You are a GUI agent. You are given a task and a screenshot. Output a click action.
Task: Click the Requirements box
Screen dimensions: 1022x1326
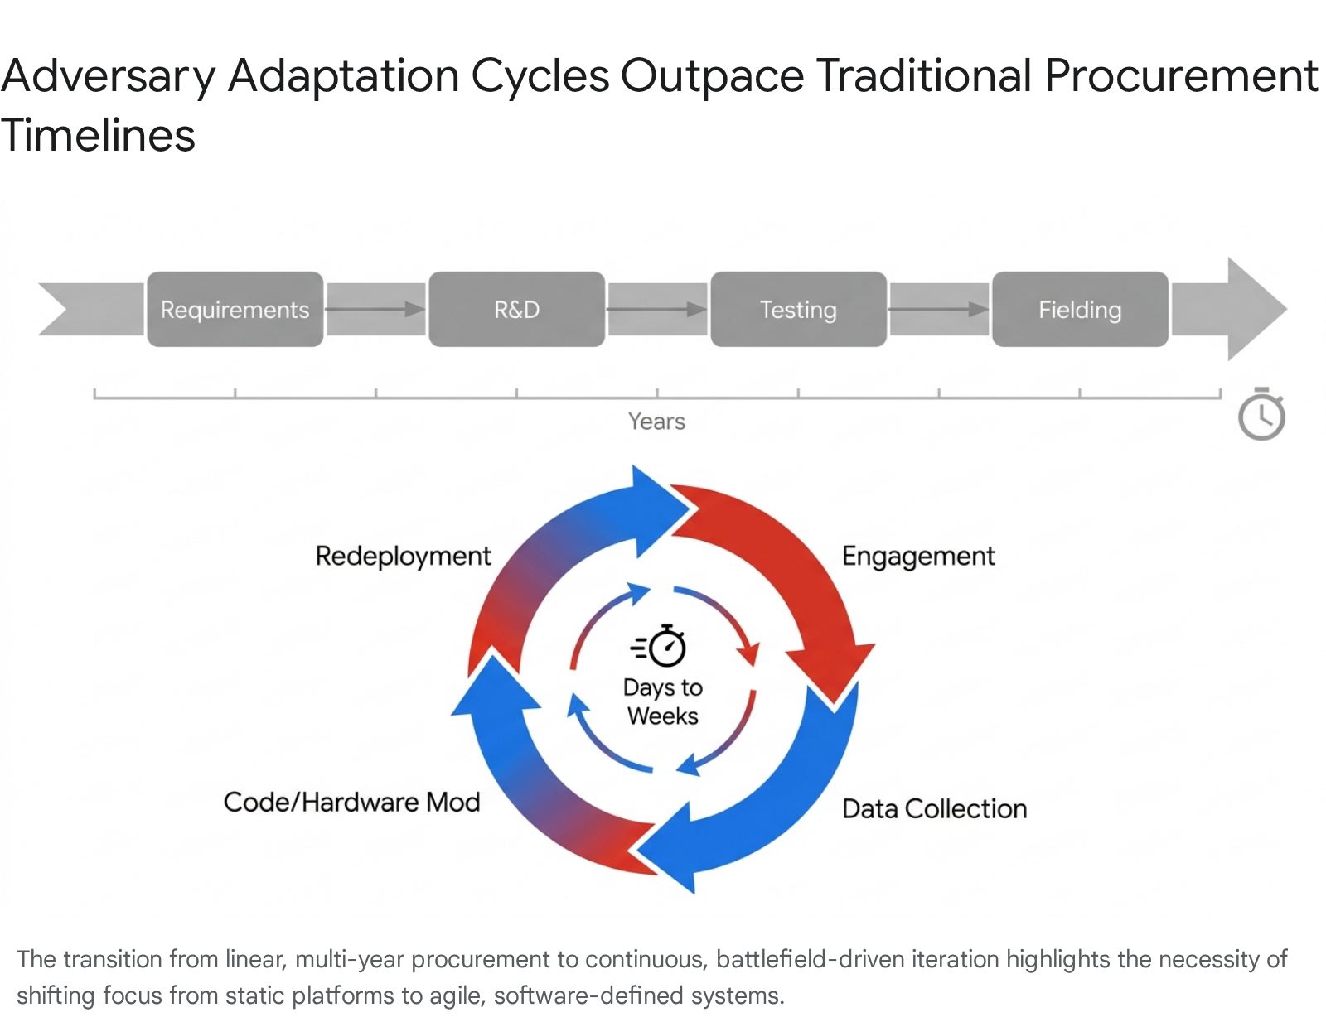coord(235,309)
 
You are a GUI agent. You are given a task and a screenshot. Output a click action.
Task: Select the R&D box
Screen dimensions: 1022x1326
coord(516,309)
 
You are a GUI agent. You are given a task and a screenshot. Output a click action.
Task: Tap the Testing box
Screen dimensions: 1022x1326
coord(798,309)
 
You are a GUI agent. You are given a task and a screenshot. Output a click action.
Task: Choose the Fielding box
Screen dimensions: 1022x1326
coord(1080,309)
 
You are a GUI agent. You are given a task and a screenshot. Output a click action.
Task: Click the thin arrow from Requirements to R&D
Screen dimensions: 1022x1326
coord(375,309)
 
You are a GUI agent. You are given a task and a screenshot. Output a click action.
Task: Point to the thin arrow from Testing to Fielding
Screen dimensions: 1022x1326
coord(938,309)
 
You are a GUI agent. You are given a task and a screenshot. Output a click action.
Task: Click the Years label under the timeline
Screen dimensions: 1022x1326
coord(656,422)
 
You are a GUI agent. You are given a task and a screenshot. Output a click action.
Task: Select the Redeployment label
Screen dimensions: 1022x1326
coord(403,556)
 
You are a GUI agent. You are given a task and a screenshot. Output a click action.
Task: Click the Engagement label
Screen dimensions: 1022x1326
coord(918,556)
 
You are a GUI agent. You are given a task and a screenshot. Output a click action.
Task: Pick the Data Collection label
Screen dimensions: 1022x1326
coord(934,808)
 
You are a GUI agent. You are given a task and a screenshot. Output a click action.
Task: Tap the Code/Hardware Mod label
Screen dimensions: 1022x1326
coord(351,802)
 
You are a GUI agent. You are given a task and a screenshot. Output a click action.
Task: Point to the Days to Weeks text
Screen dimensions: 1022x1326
coord(662,701)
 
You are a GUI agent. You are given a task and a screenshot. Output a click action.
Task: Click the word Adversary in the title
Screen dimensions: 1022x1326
coord(108,76)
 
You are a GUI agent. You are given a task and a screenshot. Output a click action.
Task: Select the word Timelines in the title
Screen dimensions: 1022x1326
coord(98,136)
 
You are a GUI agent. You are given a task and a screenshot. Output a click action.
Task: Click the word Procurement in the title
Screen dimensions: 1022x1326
coord(1180,76)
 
